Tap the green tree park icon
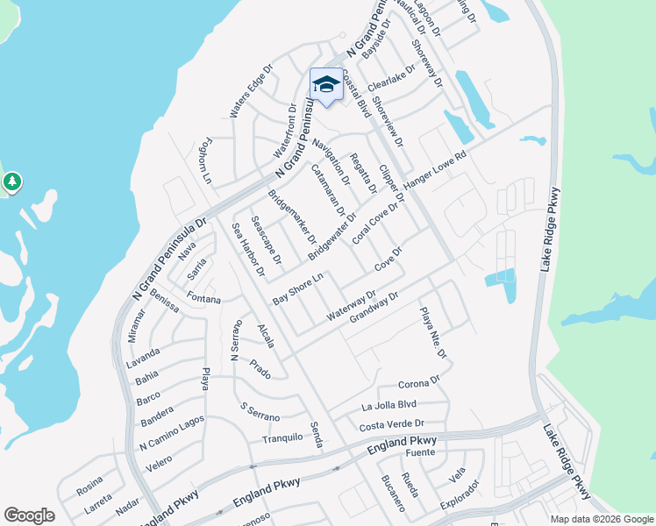click(x=11, y=182)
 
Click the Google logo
click(x=29, y=515)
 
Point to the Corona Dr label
click(x=418, y=383)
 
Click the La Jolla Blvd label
click(x=388, y=406)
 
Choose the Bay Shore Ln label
click(x=298, y=288)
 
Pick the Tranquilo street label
click(x=282, y=437)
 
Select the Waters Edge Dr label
click(x=247, y=93)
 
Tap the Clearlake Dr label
click(x=390, y=80)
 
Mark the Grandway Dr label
click(x=374, y=307)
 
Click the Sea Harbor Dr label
click(x=248, y=249)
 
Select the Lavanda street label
click(x=142, y=354)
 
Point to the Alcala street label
click(x=266, y=336)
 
